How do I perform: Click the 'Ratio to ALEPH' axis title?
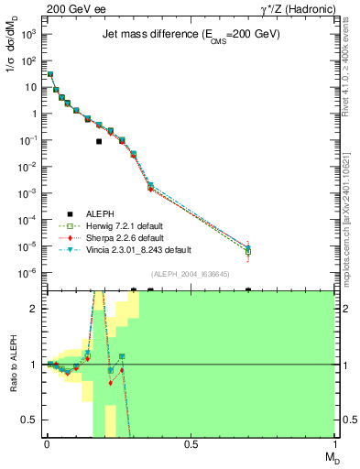[x=13, y=365]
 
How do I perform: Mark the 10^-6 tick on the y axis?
[x=30, y=273]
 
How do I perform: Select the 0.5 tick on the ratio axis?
[x=34, y=420]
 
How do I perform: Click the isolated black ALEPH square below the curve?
[x=99, y=142]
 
